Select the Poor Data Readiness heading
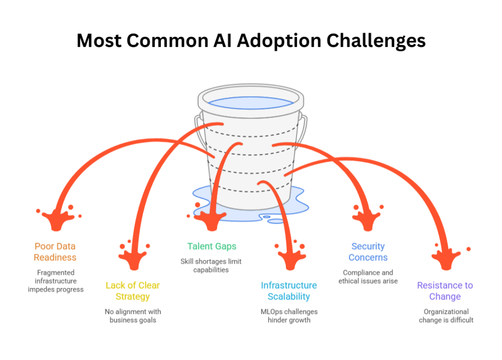tap(55, 252)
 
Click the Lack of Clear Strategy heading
tap(133, 291)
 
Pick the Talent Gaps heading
tap(212, 246)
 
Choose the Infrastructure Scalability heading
tap(289, 291)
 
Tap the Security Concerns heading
tap(368, 252)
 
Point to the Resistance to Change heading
tap(445, 291)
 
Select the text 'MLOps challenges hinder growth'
tap(289, 316)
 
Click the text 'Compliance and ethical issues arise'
tap(368, 277)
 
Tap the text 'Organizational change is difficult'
tap(446, 316)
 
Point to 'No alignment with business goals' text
tap(133, 316)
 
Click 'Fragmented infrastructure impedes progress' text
tap(55, 281)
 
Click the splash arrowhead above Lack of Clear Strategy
tap(132, 257)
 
